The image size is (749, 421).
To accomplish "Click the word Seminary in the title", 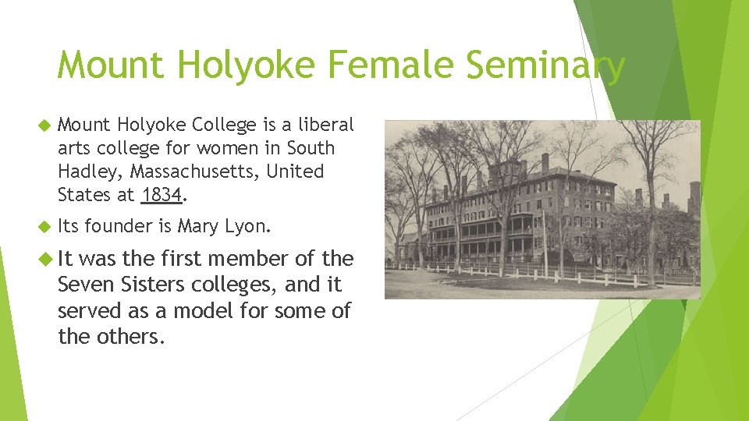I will coord(545,65).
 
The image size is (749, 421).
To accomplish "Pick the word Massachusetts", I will coord(195,171).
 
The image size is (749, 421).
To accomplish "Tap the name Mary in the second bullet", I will coord(198,227).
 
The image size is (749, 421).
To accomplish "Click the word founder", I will coord(117,227).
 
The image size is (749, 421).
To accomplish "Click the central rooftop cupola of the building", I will coord(509,169).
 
